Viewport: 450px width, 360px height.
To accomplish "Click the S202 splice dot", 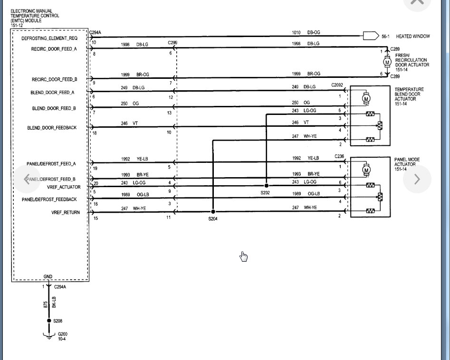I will pyautogui.click(x=266, y=186).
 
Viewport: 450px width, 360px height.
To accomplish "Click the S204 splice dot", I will pyautogui.click(x=213, y=212).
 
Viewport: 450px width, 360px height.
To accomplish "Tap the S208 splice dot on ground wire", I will pyautogui.click(x=48, y=321).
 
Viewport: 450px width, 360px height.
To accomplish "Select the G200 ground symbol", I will pyautogui.click(x=48, y=336).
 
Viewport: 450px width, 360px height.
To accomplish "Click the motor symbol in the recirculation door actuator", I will pyautogui.click(x=387, y=62).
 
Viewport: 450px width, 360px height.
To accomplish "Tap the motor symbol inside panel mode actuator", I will pyautogui.click(x=366, y=169).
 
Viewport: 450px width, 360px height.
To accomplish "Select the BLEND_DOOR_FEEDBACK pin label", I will pyautogui.click(x=52, y=128).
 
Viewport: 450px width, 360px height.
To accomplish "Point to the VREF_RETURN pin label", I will pyautogui.click(x=66, y=212).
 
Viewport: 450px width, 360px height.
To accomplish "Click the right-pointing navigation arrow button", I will pyautogui.click(x=417, y=179).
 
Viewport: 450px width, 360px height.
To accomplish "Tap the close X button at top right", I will pyautogui.click(x=417, y=2).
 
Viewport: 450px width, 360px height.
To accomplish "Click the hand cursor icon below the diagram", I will pyautogui.click(x=244, y=256).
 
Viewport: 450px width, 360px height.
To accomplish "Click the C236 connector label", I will pyautogui.click(x=339, y=156).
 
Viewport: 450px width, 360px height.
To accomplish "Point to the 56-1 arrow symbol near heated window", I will pyautogui.click(x=368, y=36).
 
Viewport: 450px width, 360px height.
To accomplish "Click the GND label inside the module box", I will pyautogui.click(x=48, y=276).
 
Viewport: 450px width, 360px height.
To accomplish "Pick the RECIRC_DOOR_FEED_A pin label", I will pyautogui.click(x=54, y=48).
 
